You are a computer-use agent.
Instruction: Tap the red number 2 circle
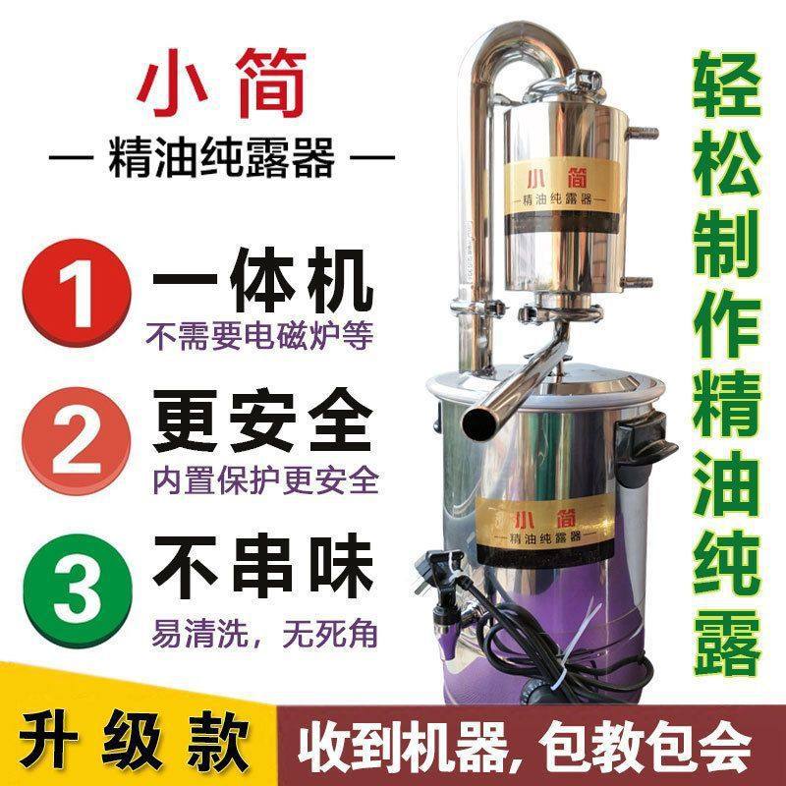pyautogui.click(x=79, y=438)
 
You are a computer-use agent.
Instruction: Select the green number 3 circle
pyautogui.click(x=79, y=586)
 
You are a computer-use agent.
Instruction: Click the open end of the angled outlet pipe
pyautogui.click(x=477, y=421)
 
